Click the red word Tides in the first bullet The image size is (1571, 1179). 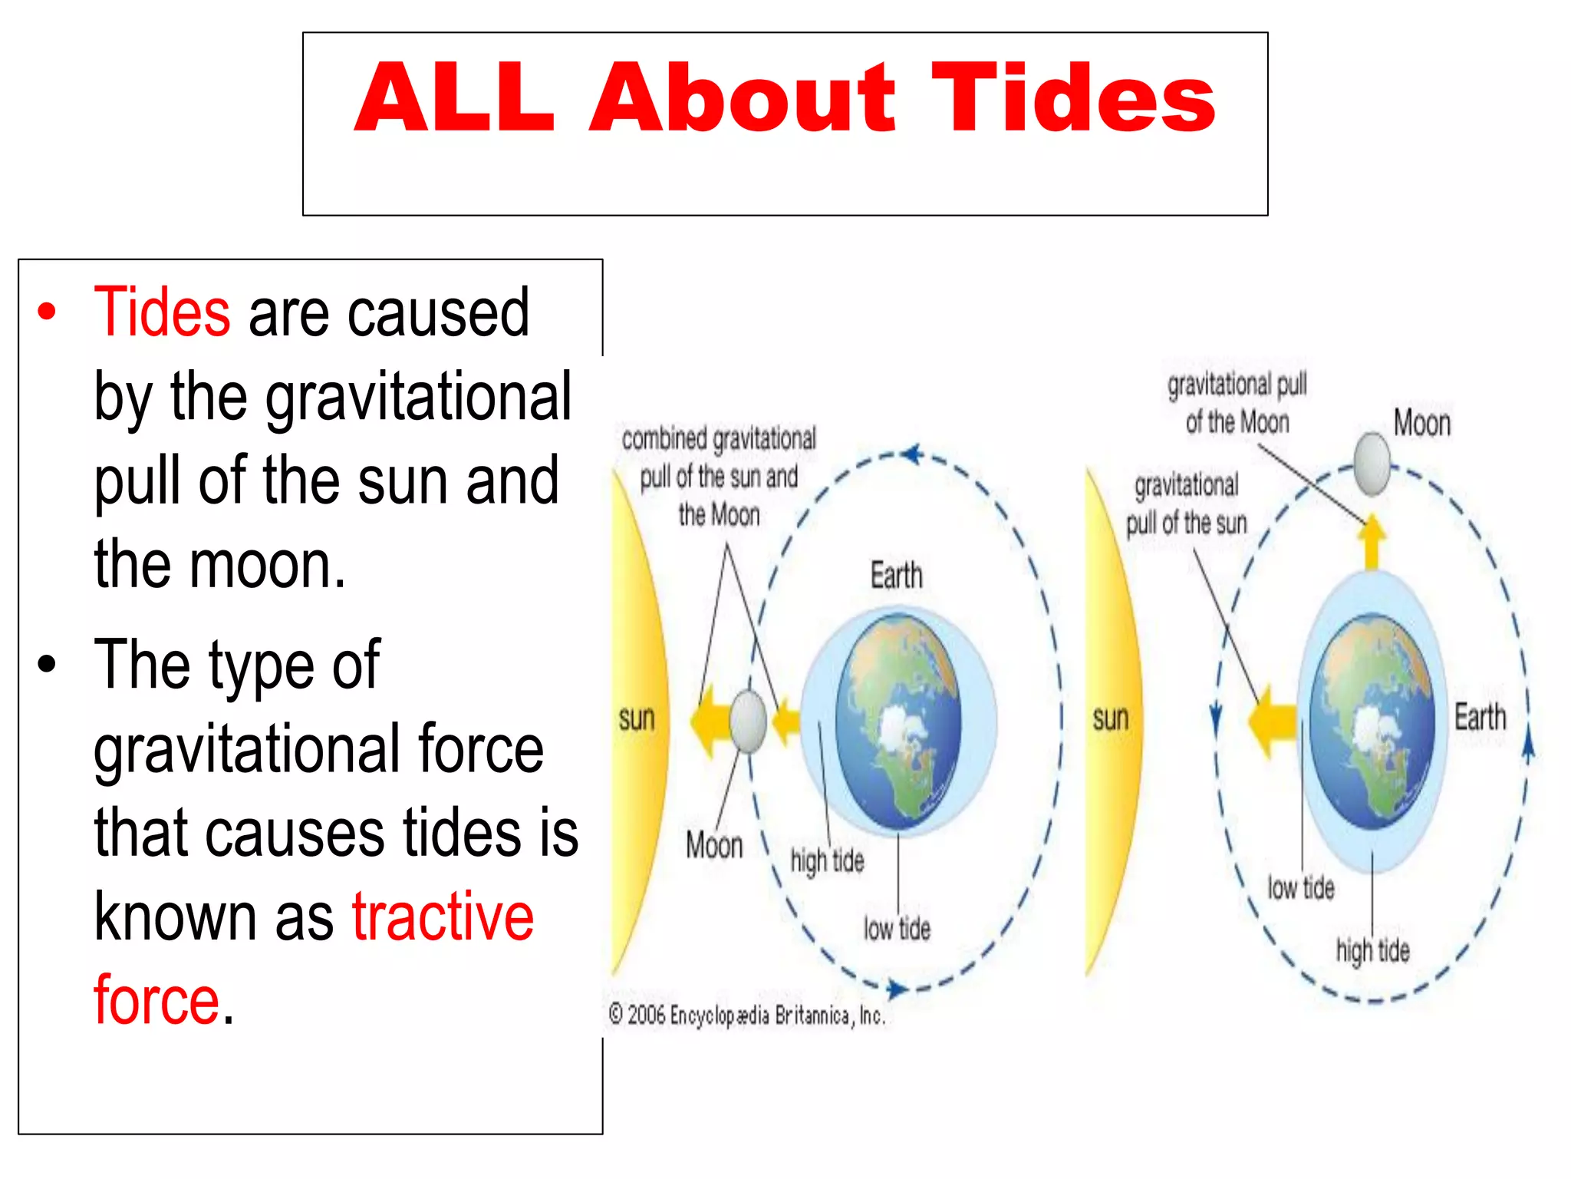tap(162, 312)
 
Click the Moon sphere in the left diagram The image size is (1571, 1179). tap(747, 722)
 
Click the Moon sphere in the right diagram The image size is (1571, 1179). tap(1372, 464)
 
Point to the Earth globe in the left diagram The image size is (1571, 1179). tap(897, 720)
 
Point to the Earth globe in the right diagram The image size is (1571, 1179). tap(1372, 722)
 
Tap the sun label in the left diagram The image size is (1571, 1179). tap(637, 718)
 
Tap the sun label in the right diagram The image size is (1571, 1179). tap(1110, 718)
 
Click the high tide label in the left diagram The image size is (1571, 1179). tap(827, 861)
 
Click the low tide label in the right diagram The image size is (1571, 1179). tap(1300, 888)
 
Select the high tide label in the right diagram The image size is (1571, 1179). tap(1372, 950)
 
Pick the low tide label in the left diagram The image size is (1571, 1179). tap(896, 929)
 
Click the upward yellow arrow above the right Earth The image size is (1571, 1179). tap(1372, 541)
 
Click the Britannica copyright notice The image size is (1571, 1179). tap(747, 1016)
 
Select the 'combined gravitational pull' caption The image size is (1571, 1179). tap(719, 476)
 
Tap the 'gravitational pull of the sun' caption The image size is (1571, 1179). tap(1186, 504)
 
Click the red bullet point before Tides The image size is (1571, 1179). tap(48, 312)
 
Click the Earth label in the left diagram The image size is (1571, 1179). tap(896, 576)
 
